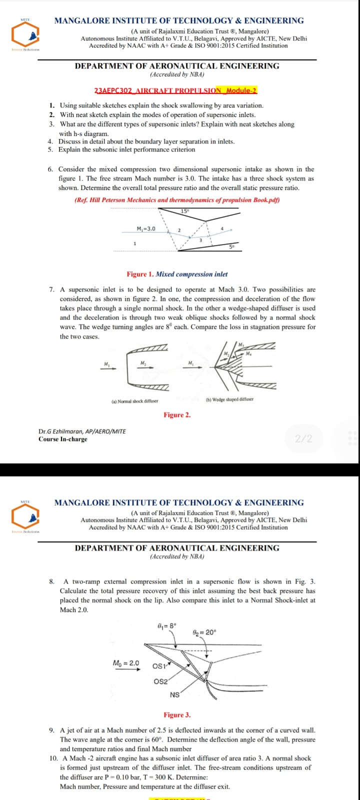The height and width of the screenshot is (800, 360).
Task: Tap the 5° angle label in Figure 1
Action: pos(231,246)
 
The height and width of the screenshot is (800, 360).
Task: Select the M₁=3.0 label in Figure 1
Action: pos(146,228)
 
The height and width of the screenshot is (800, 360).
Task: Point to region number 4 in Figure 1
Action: pos(222,228)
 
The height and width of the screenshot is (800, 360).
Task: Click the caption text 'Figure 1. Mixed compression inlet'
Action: pos(177,274)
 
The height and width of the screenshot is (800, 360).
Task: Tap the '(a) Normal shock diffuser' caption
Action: pos(134,401)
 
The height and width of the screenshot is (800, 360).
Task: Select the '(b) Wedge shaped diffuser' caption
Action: pos(229,399)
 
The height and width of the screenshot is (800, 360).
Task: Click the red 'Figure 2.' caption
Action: pos(177,415)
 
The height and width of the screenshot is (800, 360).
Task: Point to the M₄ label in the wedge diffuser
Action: pos(248,354)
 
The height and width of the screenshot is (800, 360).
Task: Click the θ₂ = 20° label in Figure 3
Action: pos(204,632)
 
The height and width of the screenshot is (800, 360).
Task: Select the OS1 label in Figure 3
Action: pos(159,666)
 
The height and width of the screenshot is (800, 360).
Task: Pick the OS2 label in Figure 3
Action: pos(160,681)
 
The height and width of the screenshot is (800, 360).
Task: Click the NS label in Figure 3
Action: pos(174,694)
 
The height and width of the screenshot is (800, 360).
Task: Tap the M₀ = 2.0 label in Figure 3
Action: pos(126,663)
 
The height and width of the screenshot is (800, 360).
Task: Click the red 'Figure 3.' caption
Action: pos(177,715)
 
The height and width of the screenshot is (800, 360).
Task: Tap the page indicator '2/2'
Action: pos(303,438)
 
